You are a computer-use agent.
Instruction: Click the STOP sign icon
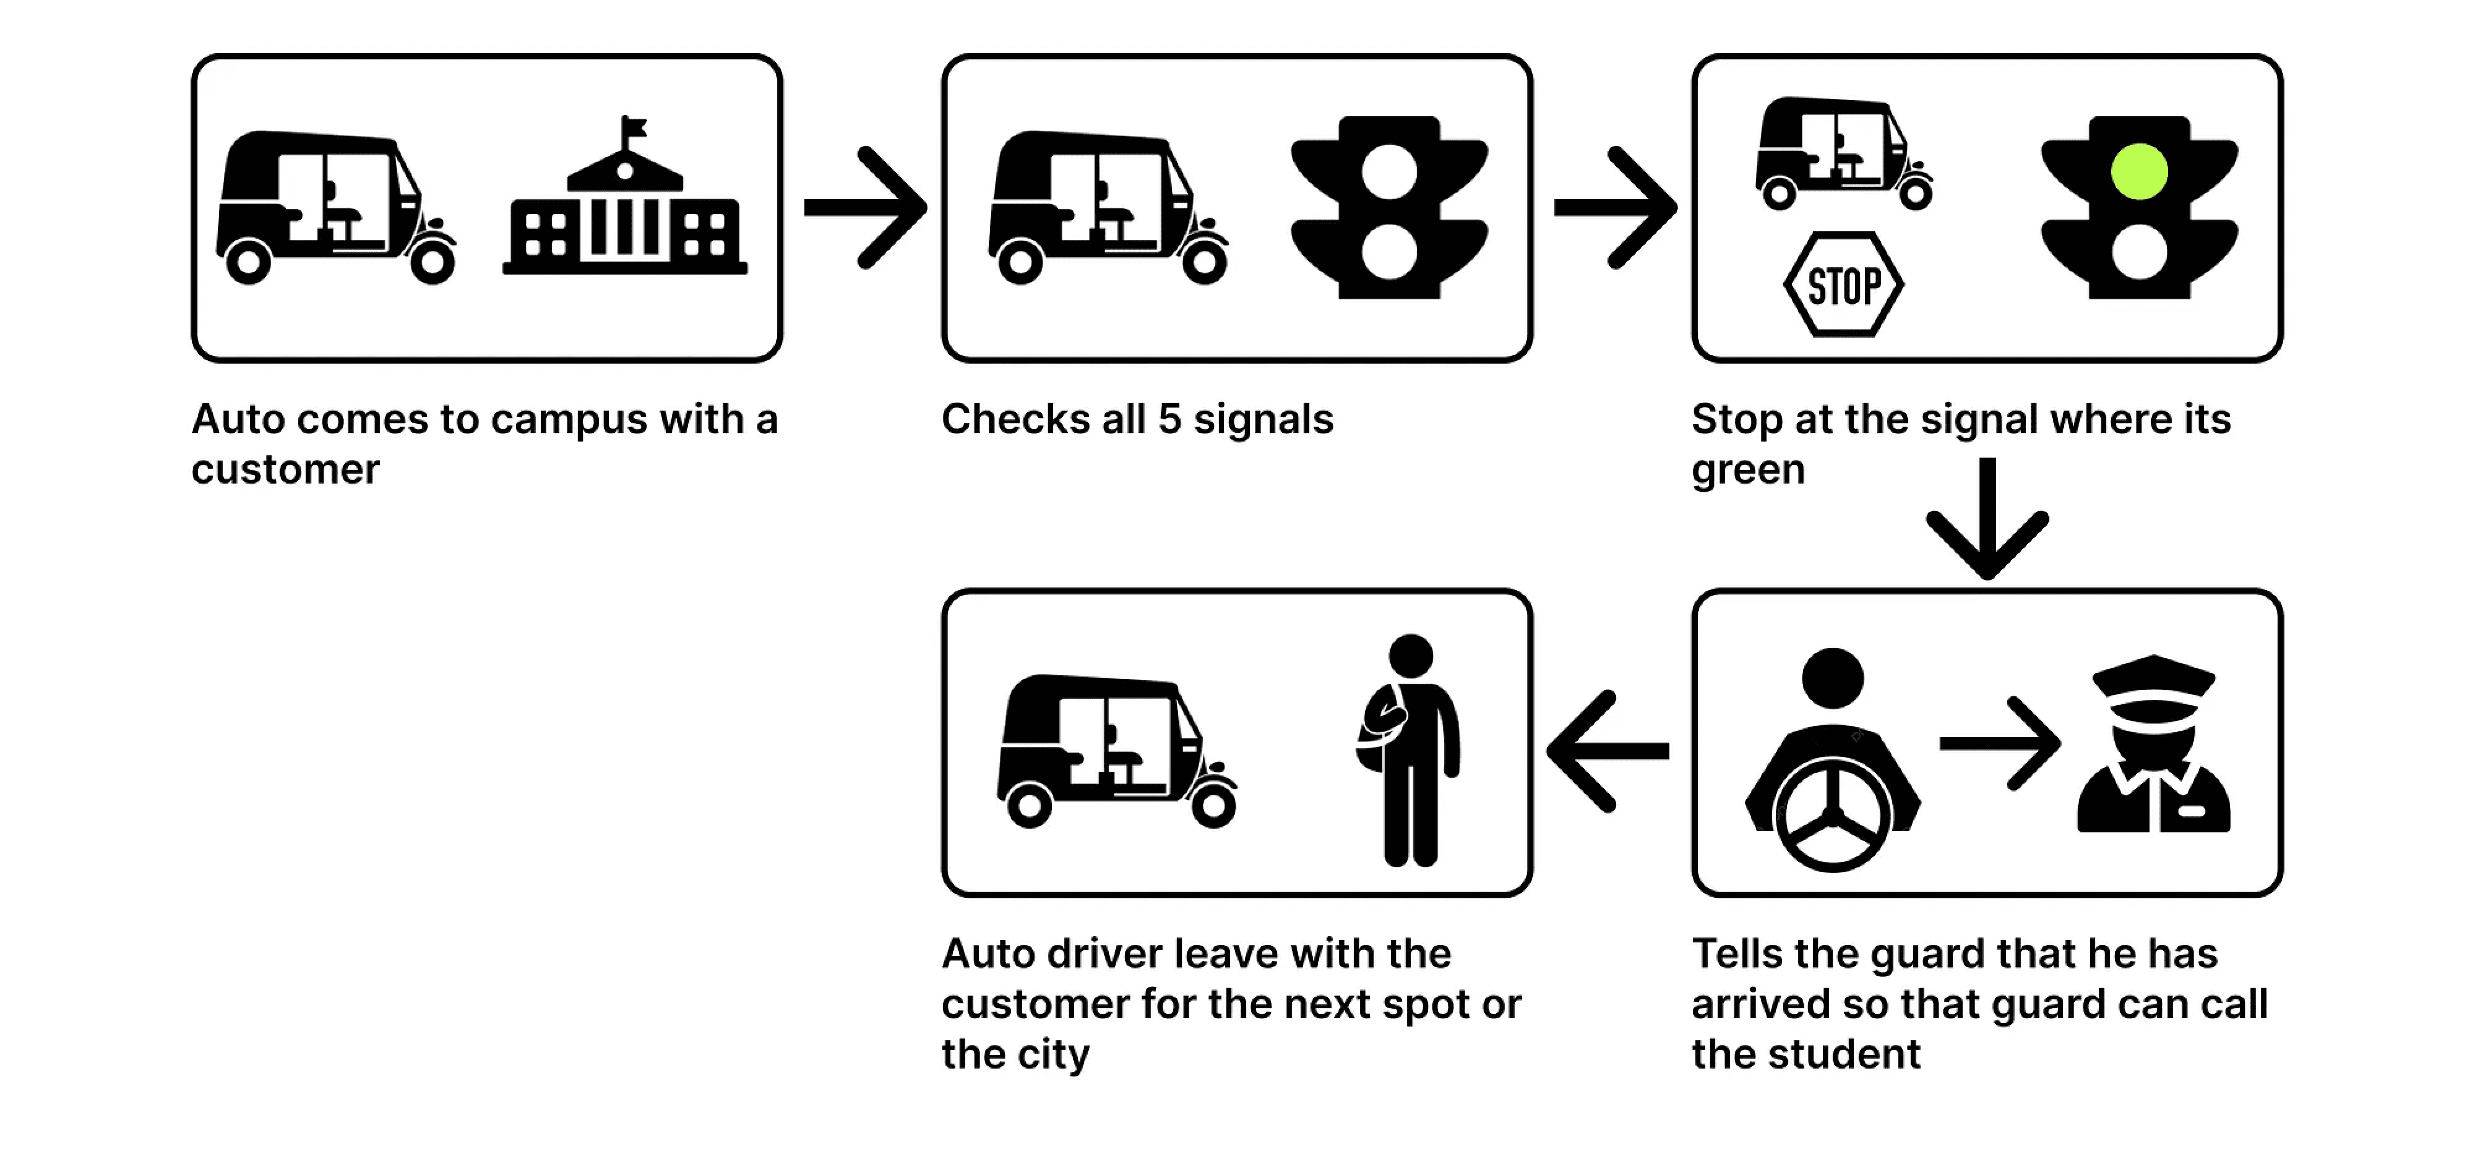(x=1843, y=284)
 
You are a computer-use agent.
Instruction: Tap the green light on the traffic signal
(x=2139, y=172)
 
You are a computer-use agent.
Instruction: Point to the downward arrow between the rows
(x=1987, y=519)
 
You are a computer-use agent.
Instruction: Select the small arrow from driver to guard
(x=1999, y=743)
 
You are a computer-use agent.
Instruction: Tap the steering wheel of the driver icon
(x=1832, y=816)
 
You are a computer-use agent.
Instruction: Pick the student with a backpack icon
(x=1408, y=749)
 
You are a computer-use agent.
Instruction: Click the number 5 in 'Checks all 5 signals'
(x=1168, y=420)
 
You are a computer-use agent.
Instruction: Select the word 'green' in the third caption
(x=1748, y=471)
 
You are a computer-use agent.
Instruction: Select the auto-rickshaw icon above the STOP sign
(x=1843, y=154)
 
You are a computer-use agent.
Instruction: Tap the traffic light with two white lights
(x=1388, y=208)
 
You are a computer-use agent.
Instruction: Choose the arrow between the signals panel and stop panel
(x=1615, y=208)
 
